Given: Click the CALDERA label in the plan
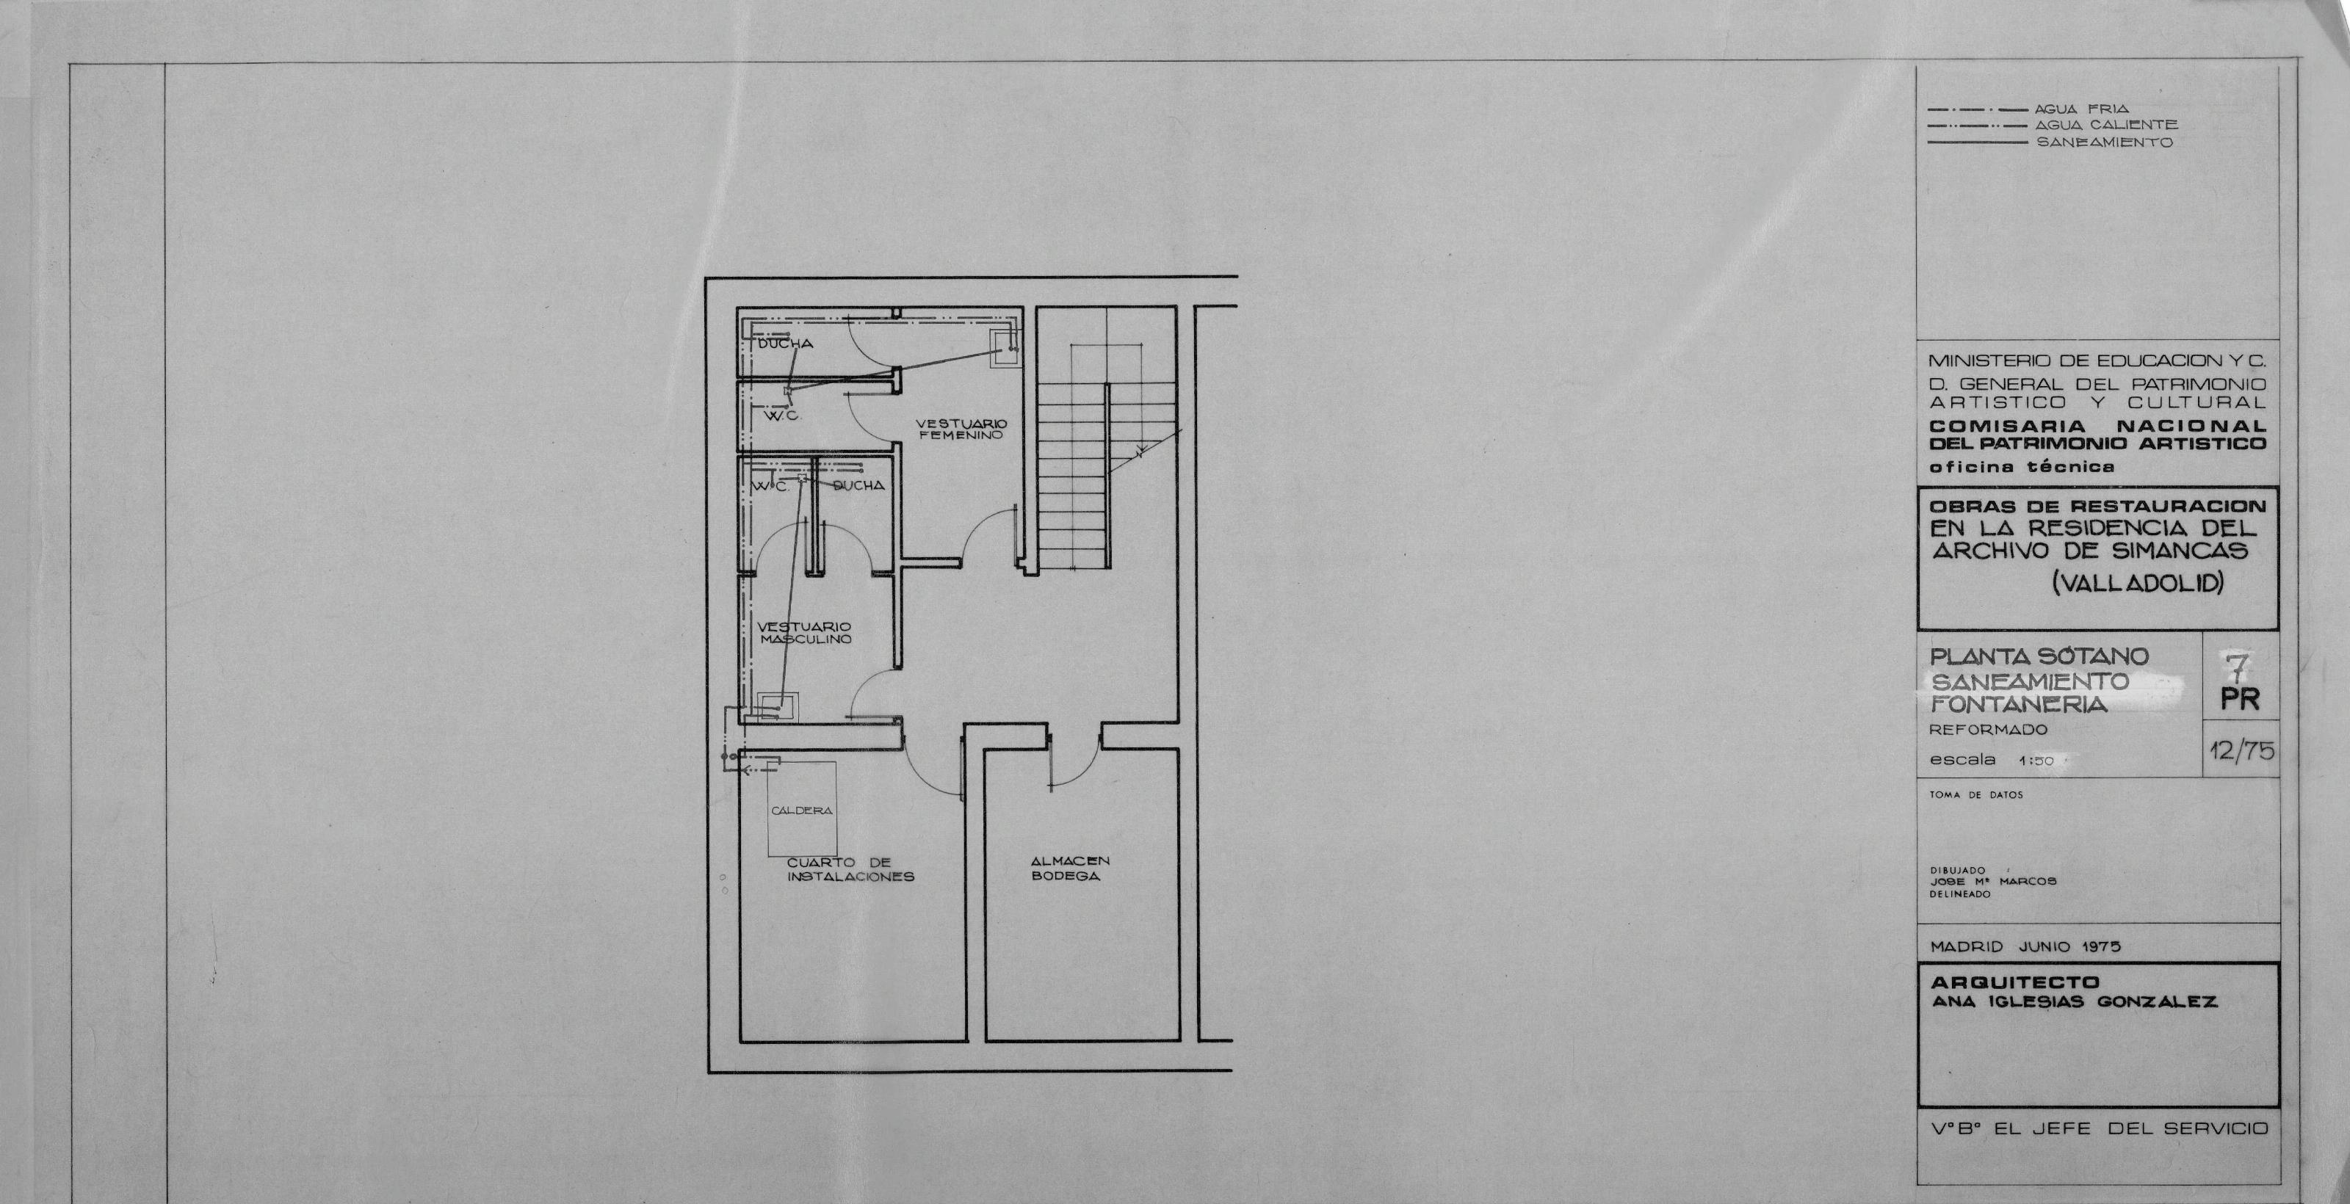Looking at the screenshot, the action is [x=802, y=810].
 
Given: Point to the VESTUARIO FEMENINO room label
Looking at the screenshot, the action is [x=961, y=429].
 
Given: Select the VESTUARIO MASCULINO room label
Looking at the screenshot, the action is [x=805, y=633].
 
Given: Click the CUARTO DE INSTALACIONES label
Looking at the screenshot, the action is [x=850, y=869].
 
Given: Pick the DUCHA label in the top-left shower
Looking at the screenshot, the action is [x=786, y=344].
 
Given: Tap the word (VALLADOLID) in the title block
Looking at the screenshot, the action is [x=2138, y=583].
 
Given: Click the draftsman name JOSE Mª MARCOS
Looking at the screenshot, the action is [x=1992, y=881].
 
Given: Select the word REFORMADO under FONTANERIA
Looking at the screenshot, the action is [x=1988, y=730].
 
